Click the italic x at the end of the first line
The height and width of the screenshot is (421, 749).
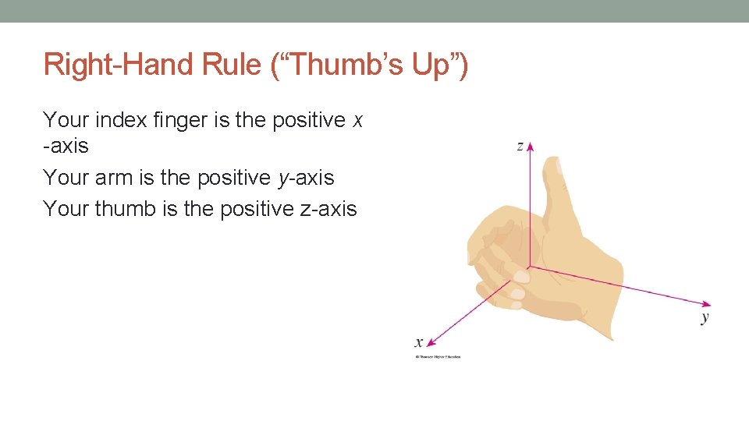[357, 121]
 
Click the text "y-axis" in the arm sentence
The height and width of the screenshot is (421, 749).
[306, 179]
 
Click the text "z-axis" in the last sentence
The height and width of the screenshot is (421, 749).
[327, 209]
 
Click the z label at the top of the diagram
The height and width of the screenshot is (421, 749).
[520, 146]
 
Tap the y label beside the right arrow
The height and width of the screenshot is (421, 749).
[705, 317]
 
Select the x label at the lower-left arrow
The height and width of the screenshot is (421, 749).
[419, 341]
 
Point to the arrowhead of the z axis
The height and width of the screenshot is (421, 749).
[530, 146]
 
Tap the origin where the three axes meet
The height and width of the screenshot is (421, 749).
[530, 267]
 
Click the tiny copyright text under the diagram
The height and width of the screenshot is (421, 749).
[438, 357]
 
